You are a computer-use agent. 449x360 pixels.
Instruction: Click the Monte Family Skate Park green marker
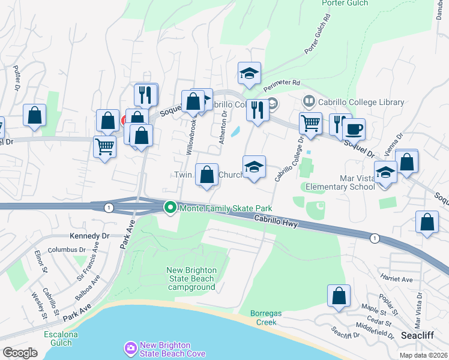(170, 208)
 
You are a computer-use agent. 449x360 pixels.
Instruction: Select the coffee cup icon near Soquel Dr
(354, 129)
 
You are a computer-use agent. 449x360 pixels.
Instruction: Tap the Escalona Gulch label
(58, 338)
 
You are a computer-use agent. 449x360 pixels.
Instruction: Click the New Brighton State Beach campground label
(191, 279)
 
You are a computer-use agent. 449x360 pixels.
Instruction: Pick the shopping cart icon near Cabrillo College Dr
(310, 124)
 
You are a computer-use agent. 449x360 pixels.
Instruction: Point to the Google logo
(20, 353)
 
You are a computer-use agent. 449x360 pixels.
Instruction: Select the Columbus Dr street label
(68, 250)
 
